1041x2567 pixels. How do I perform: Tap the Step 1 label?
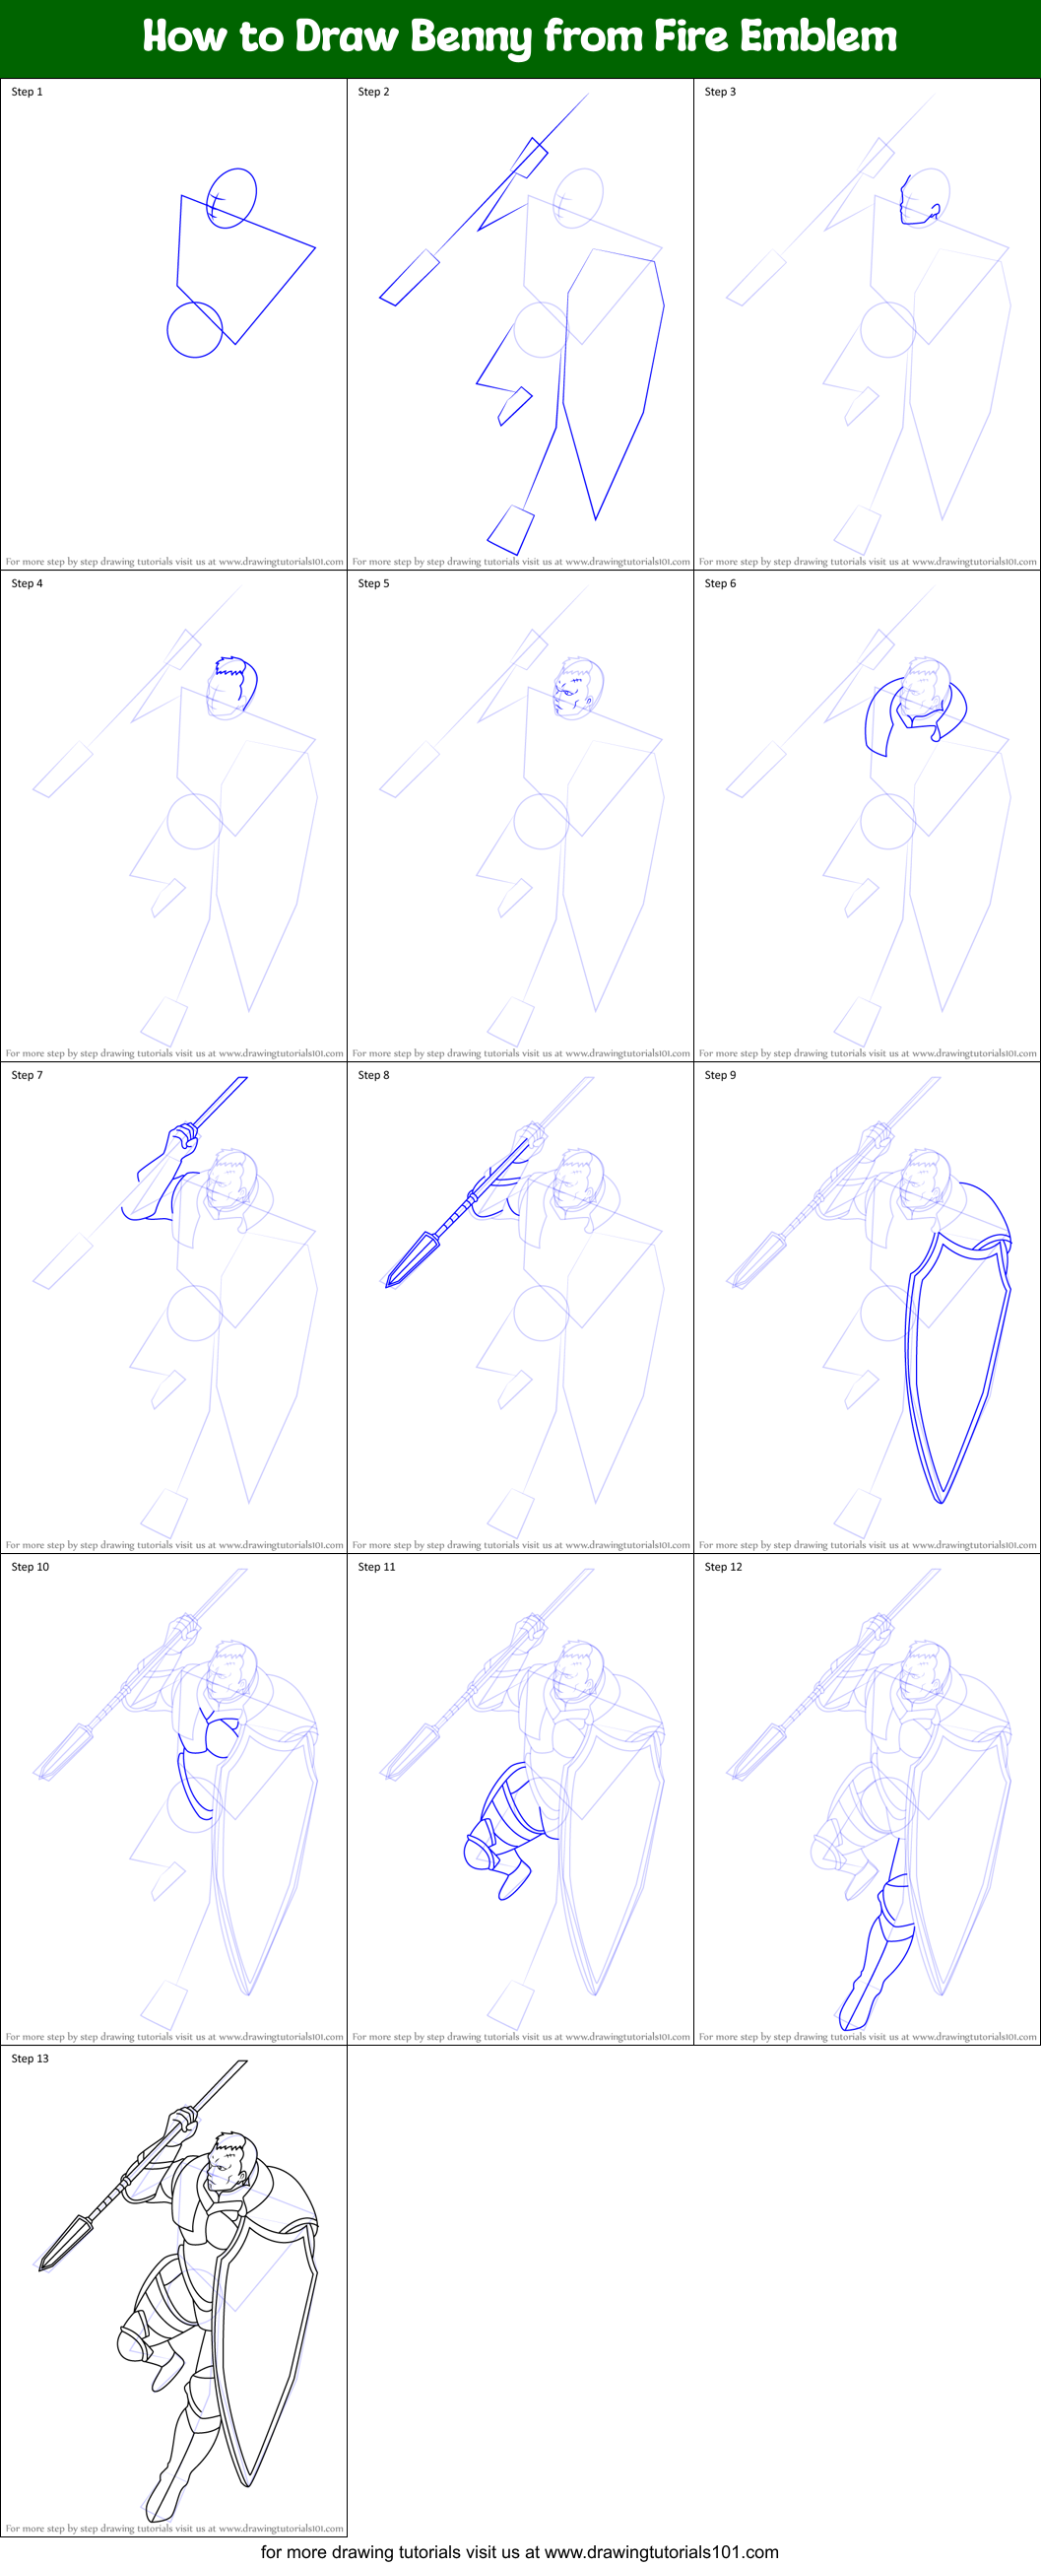pyautogui.click(x=27, y=92)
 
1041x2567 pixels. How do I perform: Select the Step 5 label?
pyautogui.click(x=373, y=583)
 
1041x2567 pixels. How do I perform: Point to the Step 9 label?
pyautogui.click(x=720, y=1075)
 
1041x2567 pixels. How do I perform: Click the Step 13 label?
pyautogui.click(x=30, y=2058)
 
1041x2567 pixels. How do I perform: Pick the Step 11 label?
pyautogui.click(x=376, y=1567)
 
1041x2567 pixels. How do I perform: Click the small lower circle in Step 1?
pyautogui.click(x=194, y=330)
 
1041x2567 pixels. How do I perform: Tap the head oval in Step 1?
pyautogui.click(x=232, y=197)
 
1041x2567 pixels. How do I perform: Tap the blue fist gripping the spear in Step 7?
pyautogui.click(x=183, y=1136)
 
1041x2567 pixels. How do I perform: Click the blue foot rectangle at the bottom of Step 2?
pyautogui.click(x=511, y=529)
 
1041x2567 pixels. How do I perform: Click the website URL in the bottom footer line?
pyautogui.click(x=662, y=2552)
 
